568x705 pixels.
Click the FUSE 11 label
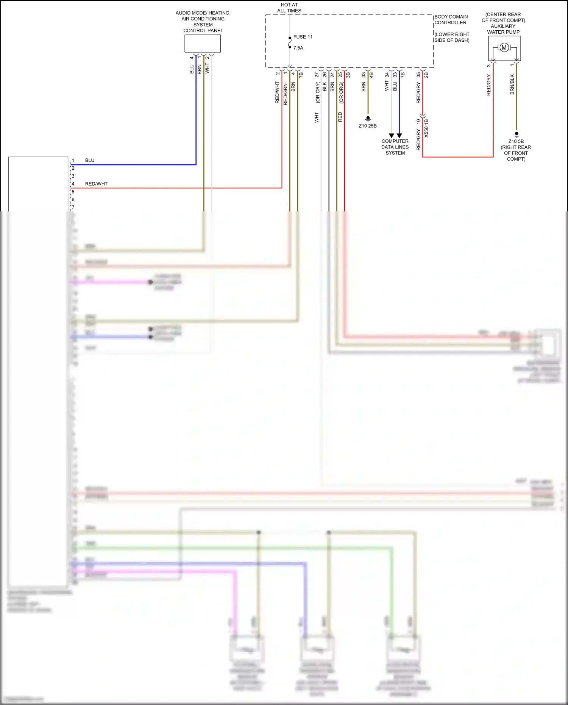pyautogui.click(x=303, y=37)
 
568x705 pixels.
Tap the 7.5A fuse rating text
pyautogui.click(x=298, y=48)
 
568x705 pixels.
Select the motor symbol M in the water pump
pyautogui.click(x=504, y=48)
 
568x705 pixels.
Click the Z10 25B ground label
pyautogui.click(x=367, y=126)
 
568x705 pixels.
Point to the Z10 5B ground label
pyautogui.click(x=516, y=141)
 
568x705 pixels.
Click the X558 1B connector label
pyautogui.click(x=426, y=128)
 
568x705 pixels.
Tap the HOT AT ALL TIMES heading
pyautogui.click(x=289, y=8)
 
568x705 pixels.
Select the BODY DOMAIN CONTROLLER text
pyautogui.click(x=451, y=20)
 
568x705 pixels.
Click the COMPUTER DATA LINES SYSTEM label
pyautogui.click(x=395, y=147)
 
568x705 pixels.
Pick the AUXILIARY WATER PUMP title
pyautogui.click(x=503, y=29)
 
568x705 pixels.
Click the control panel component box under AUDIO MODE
pyautogui.click(x=203, y=44)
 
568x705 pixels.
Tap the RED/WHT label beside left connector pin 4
pyautogui.click(x=96, y=184)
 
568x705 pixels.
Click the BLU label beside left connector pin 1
pyautogui.click(x=90, y=160)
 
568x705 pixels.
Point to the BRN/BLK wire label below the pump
pyautogui.click(x=512, y=84)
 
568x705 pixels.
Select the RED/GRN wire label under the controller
pyautogui.click(x=285, y=94)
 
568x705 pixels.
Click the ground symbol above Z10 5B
pyautogui.click(x=516, y=134)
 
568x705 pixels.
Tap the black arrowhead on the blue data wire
pyautogui.click(x=399, y=136)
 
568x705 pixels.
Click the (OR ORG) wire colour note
pyautogui.click(x=341, y=93)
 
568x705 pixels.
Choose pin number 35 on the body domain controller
pyautogui.click(x=418, y=75)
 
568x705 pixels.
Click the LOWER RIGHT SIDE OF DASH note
pyautogui.click(x=452, y=37)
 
